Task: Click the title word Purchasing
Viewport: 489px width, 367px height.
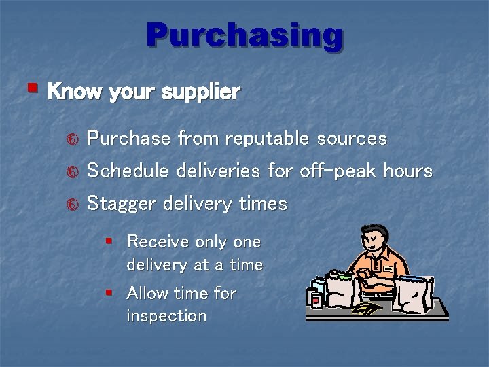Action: [244, 35]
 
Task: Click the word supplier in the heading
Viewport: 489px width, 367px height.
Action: [201, 92]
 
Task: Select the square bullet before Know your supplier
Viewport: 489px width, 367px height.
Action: [32, 88]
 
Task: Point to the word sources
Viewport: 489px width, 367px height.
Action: [352, 139]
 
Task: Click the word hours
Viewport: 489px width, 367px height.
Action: [407, 171]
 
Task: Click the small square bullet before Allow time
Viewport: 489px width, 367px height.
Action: [109, 292]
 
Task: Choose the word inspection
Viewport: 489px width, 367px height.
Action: [166, 316]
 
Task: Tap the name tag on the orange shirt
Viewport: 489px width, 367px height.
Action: [388, 269]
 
